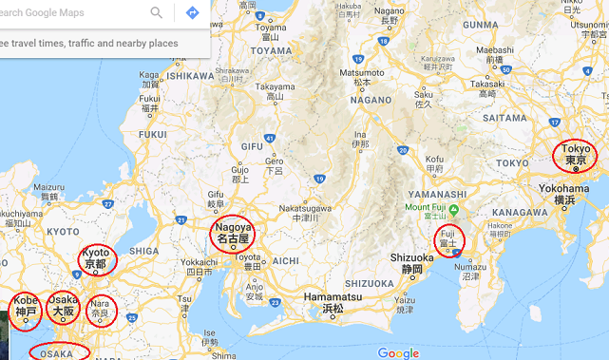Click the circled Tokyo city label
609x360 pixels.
[576, 155]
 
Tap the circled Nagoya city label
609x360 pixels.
[233, 234]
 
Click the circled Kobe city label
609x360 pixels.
[25, 307]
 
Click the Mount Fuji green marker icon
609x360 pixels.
[453, 208]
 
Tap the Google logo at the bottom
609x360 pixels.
[398, 352]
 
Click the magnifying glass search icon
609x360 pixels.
[157, 12]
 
